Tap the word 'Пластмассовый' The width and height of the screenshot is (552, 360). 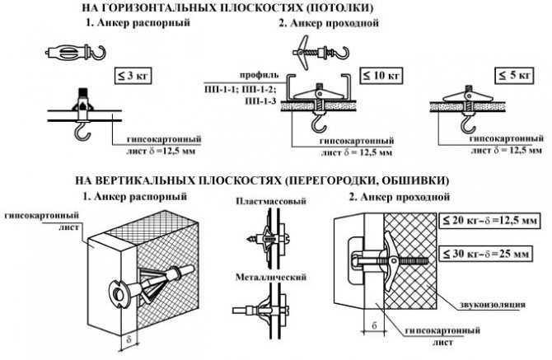pos(264,202)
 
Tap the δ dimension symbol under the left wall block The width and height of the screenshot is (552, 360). pos(129,339)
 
